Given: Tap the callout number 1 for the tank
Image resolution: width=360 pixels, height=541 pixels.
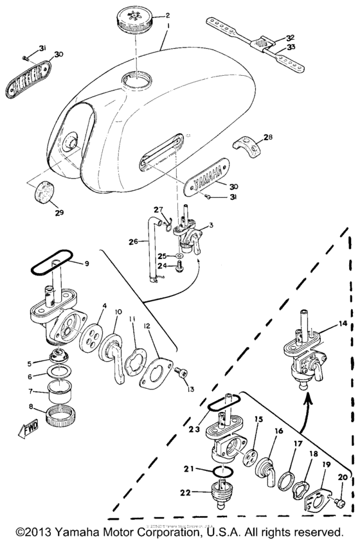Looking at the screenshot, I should (168, 28).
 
